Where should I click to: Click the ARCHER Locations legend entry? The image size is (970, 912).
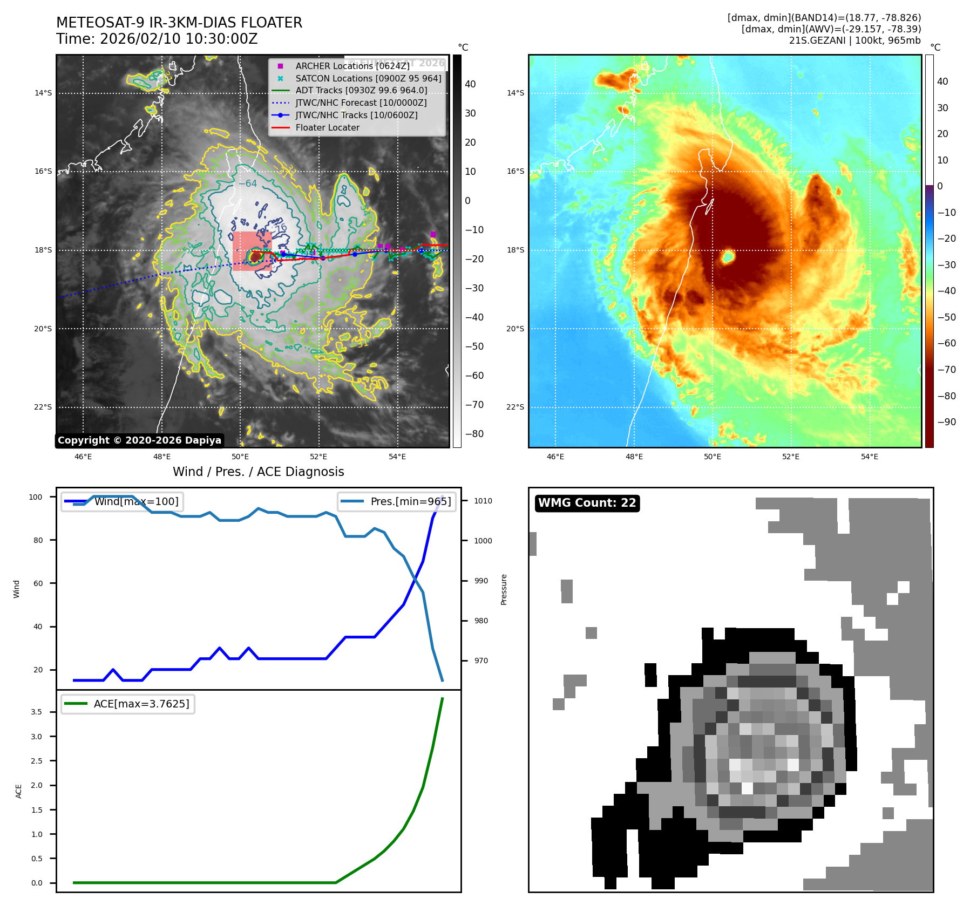click(x=352, y=66)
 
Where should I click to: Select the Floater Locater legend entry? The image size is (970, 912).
click(x=327, y=128)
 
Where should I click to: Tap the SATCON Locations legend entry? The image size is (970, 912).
click(x=368, y=78)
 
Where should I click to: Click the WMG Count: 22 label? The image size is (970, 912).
click(x=587, y=503)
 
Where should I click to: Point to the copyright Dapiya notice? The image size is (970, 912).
click(x=139, y=440)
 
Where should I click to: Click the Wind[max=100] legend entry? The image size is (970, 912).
click(x=136, y=501)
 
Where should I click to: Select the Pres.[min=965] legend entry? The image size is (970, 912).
click(x=410, y=501)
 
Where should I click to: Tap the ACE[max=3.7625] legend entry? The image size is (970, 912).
click(x=141, y=704)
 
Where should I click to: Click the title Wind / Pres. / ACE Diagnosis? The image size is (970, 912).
click(x=258, y=472)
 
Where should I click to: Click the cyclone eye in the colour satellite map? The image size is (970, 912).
click(x=728, y=257)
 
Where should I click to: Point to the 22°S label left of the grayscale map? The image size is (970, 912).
click(x=43, y=407)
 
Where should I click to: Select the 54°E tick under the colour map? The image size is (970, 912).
click(x=869, y=457)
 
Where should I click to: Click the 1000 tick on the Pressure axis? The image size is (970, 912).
click(x=483, y=541)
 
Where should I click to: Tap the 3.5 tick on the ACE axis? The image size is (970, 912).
click(x=36, y=712)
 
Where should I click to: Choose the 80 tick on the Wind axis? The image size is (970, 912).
click(x=38, y=540)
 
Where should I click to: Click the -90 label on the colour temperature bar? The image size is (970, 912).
click(x=946, y=422)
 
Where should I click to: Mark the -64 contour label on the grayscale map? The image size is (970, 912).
click(x=248, y=183)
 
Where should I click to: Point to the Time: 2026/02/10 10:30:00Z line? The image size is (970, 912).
click(x=157, y=39)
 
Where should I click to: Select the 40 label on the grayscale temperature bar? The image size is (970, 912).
click(x=470, y=84)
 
